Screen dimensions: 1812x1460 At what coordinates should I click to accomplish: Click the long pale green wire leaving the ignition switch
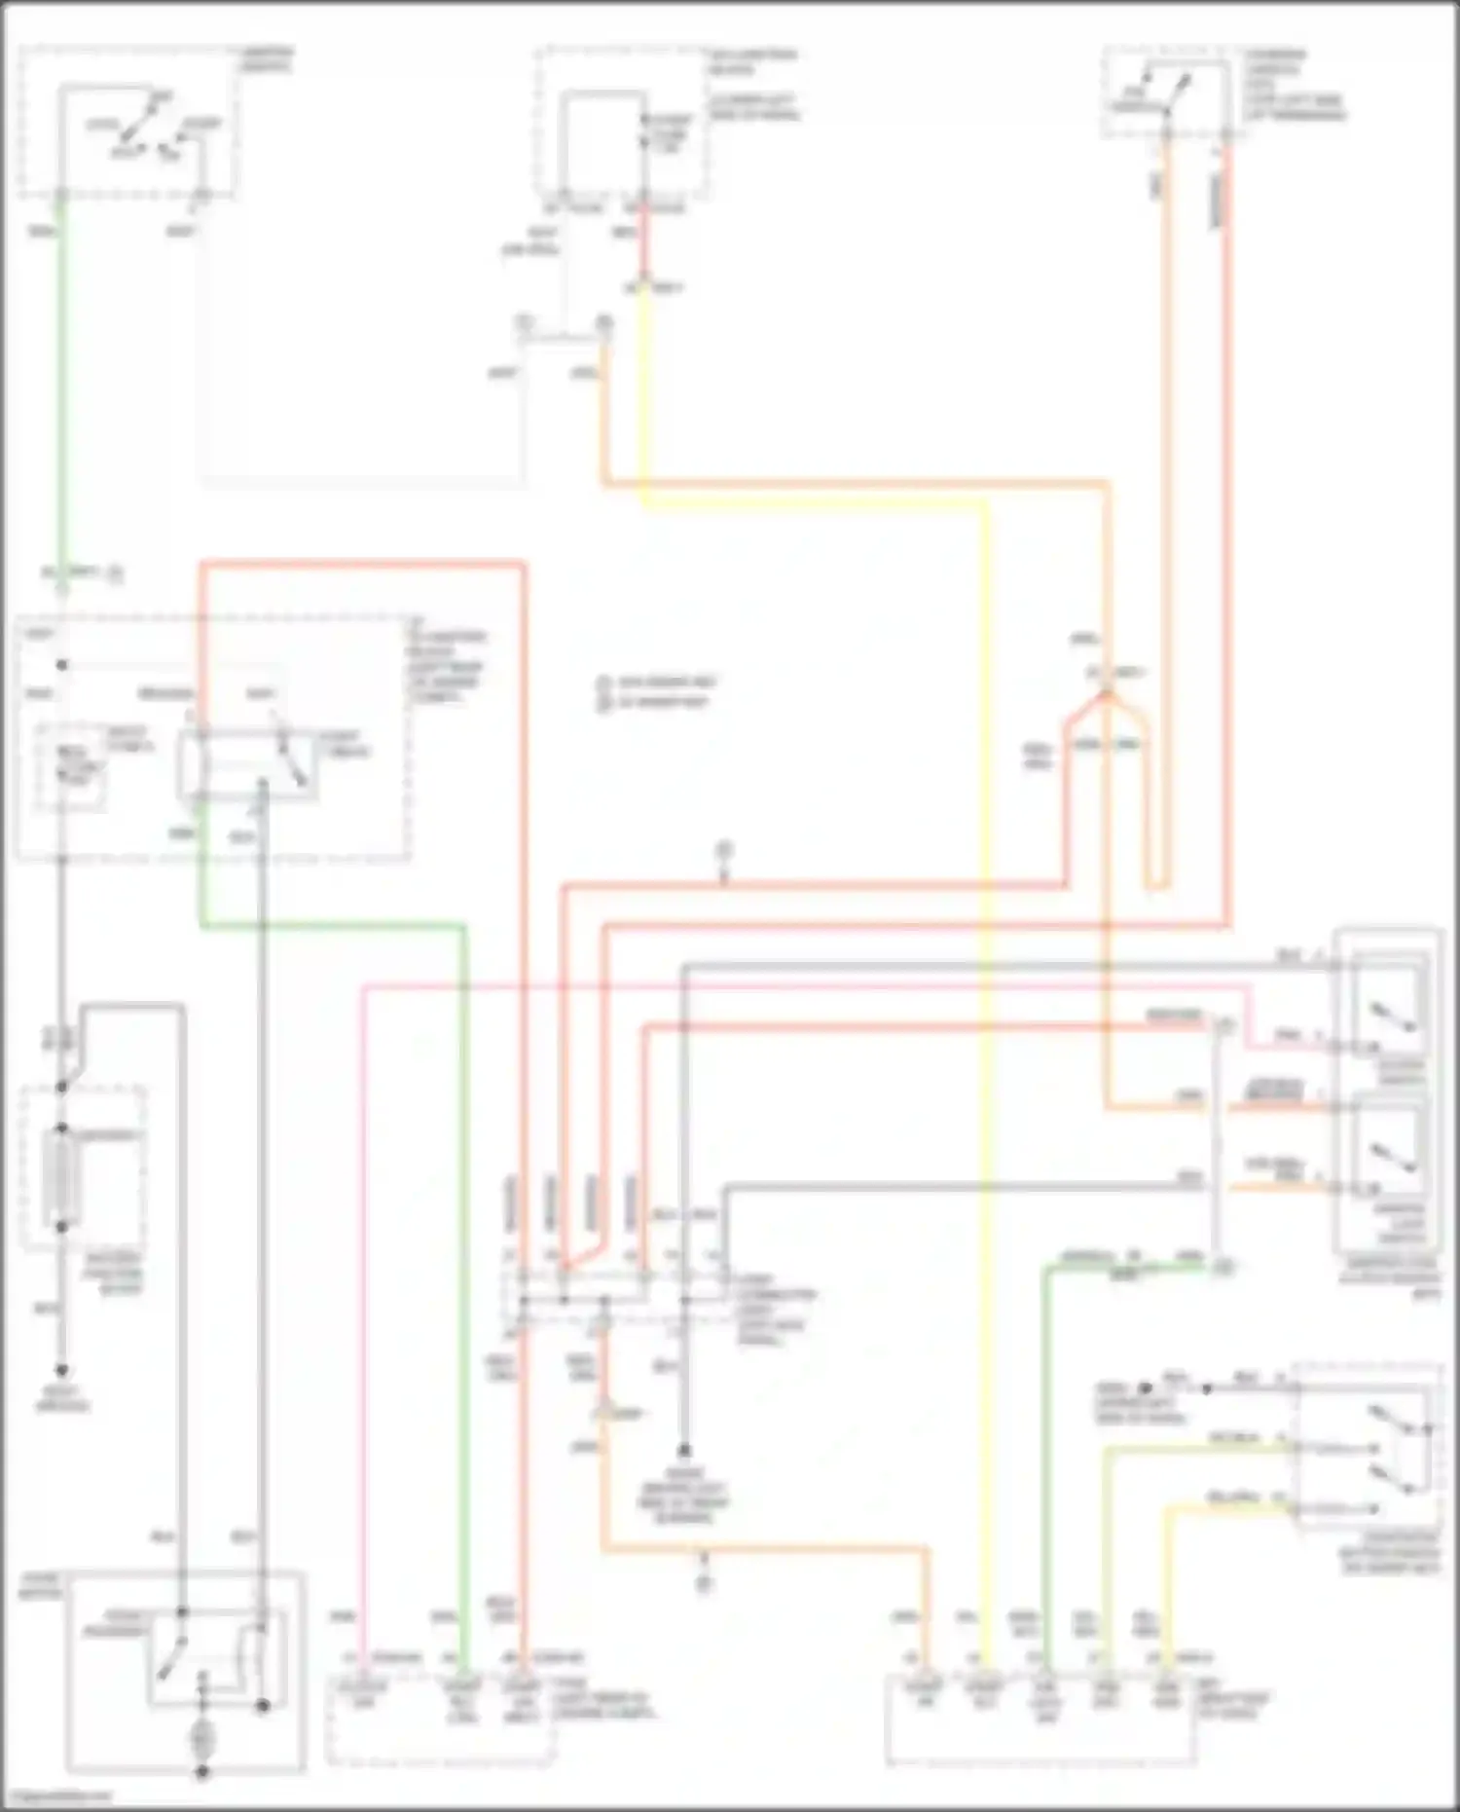pos(60,389)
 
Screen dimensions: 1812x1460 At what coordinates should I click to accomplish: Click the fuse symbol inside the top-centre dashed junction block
pos(643,136)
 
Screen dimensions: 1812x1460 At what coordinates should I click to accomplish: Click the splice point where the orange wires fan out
pos(1106,693)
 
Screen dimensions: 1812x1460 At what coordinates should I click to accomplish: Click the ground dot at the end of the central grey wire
pos(684,1449)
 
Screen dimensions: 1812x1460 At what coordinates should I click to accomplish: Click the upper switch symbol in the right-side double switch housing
pos(1392,1013)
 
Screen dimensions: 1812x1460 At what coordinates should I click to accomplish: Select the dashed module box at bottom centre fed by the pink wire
pos(438,1720)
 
